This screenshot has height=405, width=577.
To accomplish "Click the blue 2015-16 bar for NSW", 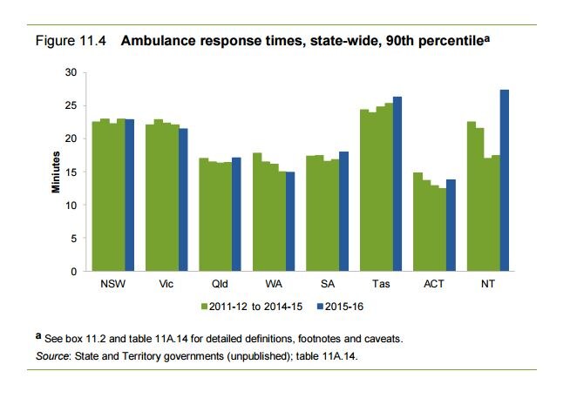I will (x=130, y=195).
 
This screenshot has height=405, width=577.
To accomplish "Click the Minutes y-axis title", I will (x=54, y=172).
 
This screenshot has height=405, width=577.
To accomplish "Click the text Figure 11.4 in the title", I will (x=63, y=41).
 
